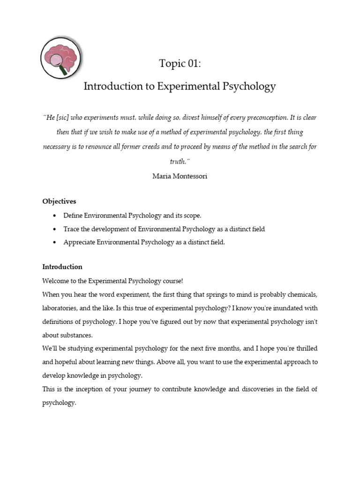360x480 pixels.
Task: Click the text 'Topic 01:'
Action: pos(180,64)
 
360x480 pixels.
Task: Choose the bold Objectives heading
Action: pos(59,201)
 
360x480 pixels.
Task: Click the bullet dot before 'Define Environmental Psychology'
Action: pos(55,216)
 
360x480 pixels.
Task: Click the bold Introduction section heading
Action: pos(62,267)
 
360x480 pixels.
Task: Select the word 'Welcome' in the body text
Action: pos(55,281)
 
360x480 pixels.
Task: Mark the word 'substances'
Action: pos(79,335)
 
